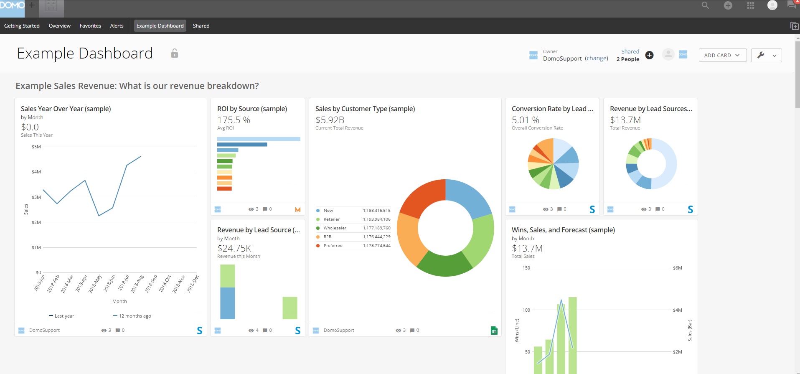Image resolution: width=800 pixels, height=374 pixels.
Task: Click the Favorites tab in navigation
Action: point(90,26)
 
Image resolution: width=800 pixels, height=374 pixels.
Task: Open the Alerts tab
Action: point(117,26)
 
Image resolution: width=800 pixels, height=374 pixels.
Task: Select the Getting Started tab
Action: point(22,26)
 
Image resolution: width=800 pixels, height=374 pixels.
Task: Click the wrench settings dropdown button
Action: point(766,55)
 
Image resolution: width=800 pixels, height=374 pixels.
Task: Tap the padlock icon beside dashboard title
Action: point(175,53)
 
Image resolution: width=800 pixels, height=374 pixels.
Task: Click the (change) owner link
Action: point(596,59)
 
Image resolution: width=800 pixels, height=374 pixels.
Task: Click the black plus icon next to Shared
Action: point(649,55)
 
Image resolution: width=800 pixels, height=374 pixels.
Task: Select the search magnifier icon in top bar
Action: point(705,5)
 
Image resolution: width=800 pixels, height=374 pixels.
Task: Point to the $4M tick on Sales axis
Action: point(36,172)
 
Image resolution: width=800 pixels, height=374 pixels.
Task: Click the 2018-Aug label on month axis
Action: point(137,284)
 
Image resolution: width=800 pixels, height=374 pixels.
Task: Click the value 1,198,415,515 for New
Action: point(376,211)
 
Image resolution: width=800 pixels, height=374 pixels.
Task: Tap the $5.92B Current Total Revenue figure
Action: point(330,120)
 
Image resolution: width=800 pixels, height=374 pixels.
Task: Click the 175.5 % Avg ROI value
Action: point(234,120)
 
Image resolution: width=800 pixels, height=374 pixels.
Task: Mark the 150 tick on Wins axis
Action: point(526,268)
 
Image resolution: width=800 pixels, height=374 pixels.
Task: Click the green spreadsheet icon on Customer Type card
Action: point(494,331)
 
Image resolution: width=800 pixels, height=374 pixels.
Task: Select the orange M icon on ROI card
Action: point(298,209)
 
